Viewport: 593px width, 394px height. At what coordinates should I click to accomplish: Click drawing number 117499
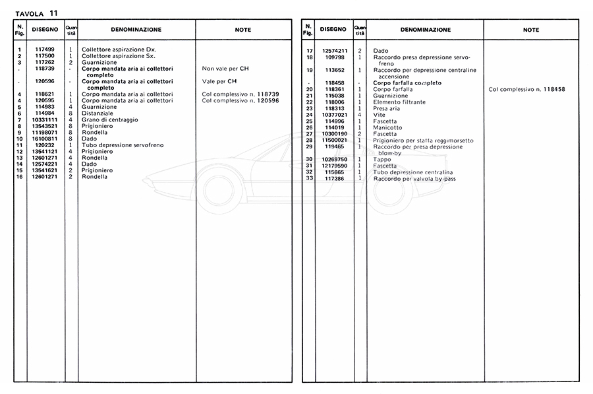pyautogui.click(x=45, y=50)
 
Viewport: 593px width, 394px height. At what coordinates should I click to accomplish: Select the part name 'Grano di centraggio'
pyautogui.click(x=109, y=119)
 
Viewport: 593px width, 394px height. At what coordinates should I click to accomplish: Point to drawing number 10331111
pyautogui.click(x=45, y=119)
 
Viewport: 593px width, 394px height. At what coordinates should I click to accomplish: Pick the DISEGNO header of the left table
pyautogui.click(x=45, y=30)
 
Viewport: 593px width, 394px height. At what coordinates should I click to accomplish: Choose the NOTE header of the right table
pyautogui.click(x=530, y=30)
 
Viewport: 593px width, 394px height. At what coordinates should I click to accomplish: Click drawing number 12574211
pyautogui.click(x=335, y=51)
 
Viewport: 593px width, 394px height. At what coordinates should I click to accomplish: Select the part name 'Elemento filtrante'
pyautogui.click(x=399, y=102)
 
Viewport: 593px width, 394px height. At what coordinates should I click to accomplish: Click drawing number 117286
pyautogui.click(x=335, y=179)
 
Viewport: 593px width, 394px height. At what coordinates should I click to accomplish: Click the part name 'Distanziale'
pyautogui.click(x=98, y=113)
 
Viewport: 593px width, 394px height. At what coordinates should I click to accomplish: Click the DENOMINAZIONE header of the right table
pyautogui.click(x=425, y=30)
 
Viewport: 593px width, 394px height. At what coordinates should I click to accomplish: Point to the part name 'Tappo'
pyautogui.click(x=382, y=159)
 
